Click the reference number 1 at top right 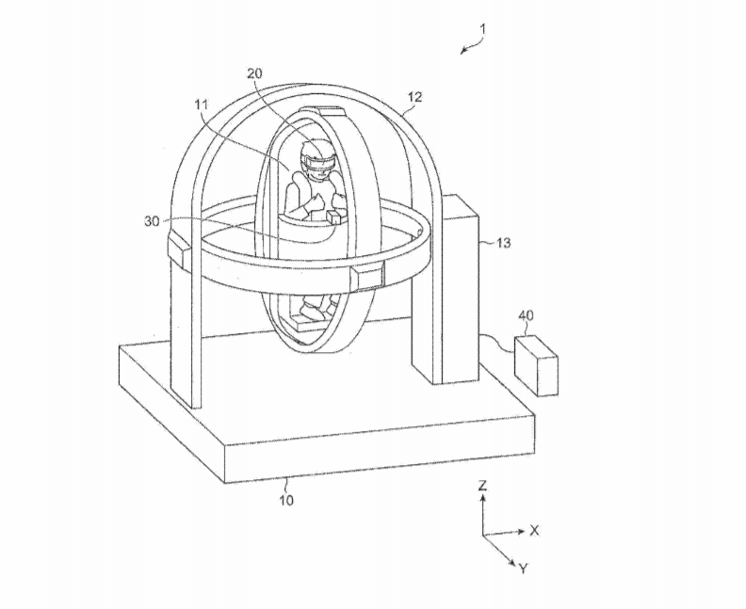[x=483, y=29]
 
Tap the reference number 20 [x=254, y=73]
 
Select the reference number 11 [x=202, y=104]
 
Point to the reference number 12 [x=414, y=97]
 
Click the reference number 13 [x=503, y=243]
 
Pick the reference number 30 [x=152, y=221]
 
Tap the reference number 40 [x=526, y=315]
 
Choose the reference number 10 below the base [x=286, y=500]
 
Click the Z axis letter [x=483, y=486]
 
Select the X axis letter [x=534, y=531]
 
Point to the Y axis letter [x=524, y=569]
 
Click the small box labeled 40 [x=536, y=365]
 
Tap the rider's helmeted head [x=316, y=160]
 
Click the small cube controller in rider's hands [x=334, y=217]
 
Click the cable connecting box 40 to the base [x=497, y=345]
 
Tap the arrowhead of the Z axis [x=483, y=498]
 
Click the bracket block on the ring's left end [x=180, y=248]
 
